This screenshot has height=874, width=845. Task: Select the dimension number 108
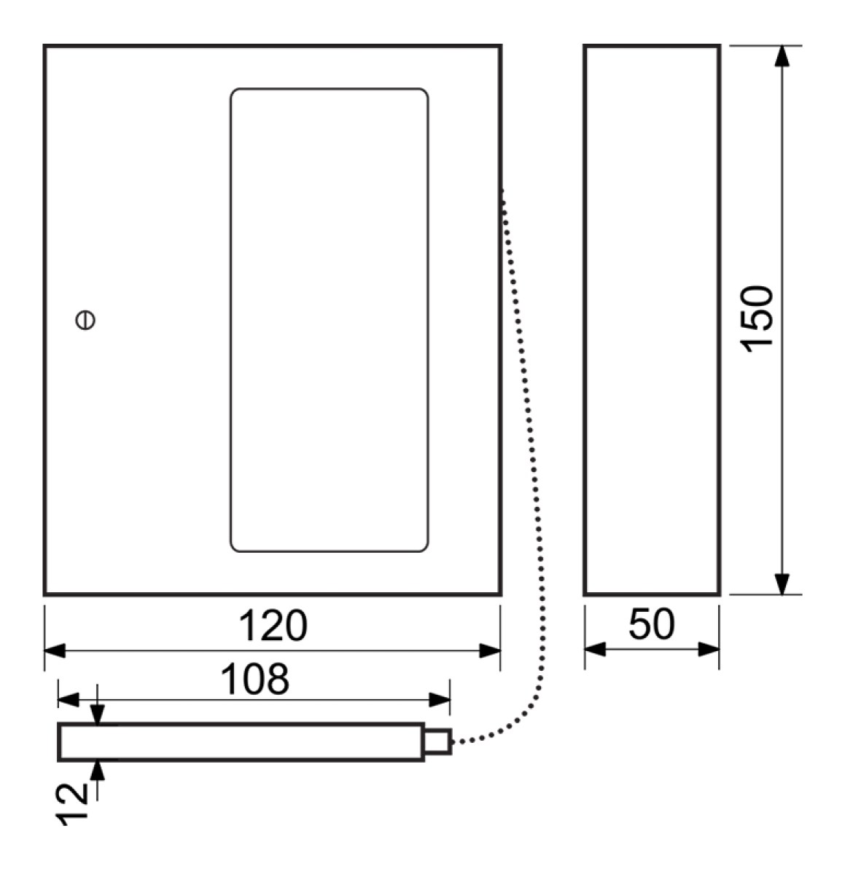pyautogui.click(x=255, y=679)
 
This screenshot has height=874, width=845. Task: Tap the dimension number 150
pyautogui.click(x=757, y=319)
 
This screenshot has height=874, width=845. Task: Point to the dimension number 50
pyautogui.click(x=651, y=624)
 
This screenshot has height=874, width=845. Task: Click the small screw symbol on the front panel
pyautogui.click(x=85, y=320)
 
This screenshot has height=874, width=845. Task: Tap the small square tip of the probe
pyautogui.click(x=437, y=741)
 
